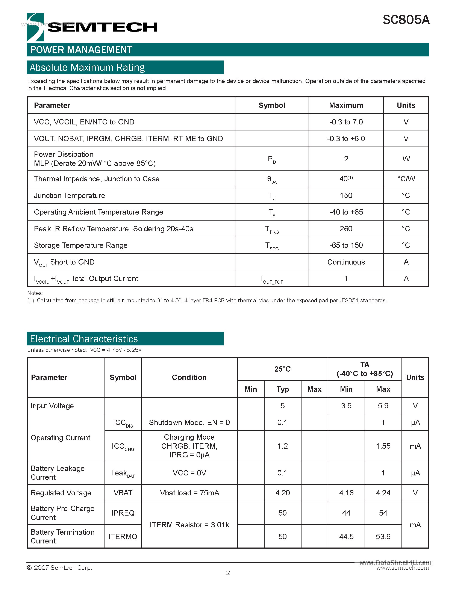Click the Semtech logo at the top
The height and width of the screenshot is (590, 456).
coord(92,27)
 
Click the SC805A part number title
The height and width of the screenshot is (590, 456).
coord(406,20)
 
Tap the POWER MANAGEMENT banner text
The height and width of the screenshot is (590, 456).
coord(81,50)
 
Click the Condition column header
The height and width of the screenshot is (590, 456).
coord(189,377)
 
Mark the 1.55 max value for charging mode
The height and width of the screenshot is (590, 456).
coord(383,446)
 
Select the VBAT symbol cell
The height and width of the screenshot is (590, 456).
coord(123,493)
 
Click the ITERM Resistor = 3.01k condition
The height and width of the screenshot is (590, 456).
coord(189,525)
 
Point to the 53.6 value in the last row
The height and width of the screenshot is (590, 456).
coord(383,537)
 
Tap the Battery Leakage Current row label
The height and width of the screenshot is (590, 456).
coord(58,473)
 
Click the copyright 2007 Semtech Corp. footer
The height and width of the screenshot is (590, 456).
coord(59,567)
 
